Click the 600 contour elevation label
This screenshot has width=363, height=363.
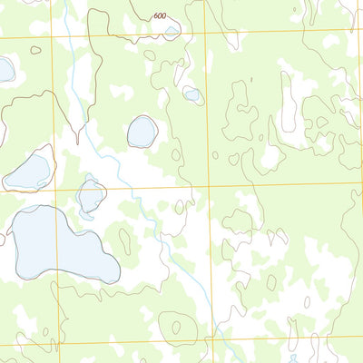[161, 16]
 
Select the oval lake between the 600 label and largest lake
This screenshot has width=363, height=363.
[142, 132]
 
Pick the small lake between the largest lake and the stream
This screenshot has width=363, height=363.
[91, 195]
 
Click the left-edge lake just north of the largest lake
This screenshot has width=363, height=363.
[29, 170]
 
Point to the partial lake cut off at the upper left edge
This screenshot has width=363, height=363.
[5, 69]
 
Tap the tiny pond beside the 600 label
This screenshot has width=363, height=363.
[172, 30]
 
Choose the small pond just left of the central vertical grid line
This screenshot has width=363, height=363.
[191, 93]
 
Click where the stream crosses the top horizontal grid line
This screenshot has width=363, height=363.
[71, 37]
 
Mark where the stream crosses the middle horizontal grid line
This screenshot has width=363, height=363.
[135, 190]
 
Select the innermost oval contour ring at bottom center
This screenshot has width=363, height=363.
[176, 326]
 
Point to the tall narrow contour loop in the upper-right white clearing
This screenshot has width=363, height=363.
[289, 102]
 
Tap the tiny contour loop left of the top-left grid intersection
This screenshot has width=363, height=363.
[35, 50]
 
